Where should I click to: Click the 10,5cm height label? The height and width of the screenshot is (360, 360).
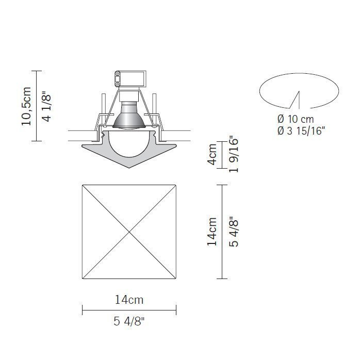coord(26,106)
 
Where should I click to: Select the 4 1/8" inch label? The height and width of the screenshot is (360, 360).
coord(46,106)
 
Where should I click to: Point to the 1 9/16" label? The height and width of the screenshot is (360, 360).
coord(233,155)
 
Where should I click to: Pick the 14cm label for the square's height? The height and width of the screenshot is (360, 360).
coord(212,232)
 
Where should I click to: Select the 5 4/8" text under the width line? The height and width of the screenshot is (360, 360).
coord(129,322)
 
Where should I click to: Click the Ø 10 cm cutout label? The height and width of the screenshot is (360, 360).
coord(296,119)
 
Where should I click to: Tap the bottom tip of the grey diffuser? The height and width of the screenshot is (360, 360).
coord(129,169)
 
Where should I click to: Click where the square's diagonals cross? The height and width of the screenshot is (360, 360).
coord(129,231)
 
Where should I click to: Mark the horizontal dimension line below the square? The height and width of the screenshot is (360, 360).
coord(129,310)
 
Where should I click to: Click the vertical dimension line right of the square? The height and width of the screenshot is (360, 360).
coord(222,232)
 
